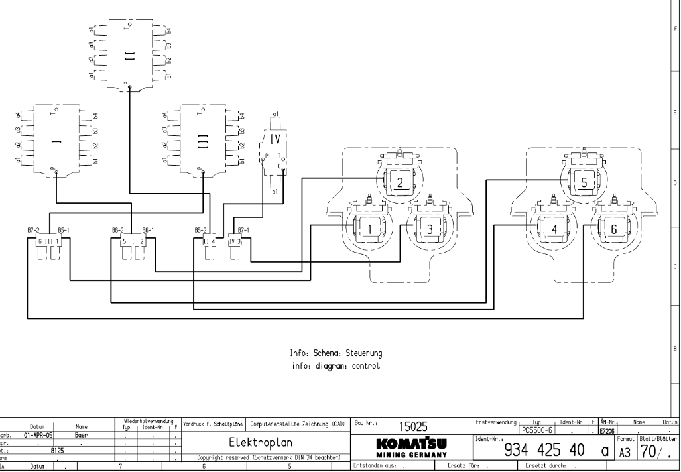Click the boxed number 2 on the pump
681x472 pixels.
click(400, 182)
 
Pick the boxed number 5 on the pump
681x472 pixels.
click(585, 182)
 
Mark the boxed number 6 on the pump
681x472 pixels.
click(614, 229)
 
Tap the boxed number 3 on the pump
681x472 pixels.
click(430, 229)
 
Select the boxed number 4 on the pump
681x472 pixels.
click(554, 229)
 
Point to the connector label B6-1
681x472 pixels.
click(148, 229)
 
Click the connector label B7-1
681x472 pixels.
click(243, 229)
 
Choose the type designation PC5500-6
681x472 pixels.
click(538, 429)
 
